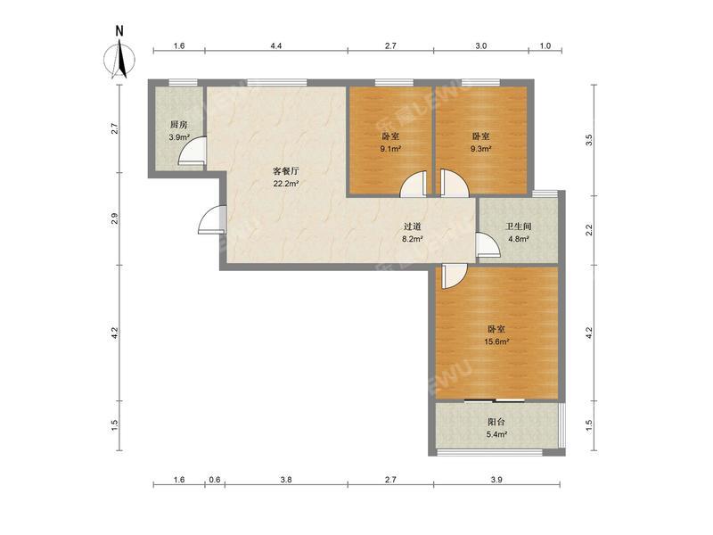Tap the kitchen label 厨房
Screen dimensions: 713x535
[179, 125]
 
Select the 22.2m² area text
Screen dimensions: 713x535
[285, 184]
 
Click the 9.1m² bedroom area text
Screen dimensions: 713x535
[391, 148]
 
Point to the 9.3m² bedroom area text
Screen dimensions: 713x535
[480, 148]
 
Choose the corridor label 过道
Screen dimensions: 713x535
[413, 226]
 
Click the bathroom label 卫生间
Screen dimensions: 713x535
[518, 226]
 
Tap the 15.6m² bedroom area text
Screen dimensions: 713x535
[496, 342]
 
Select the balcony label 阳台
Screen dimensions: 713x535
[496, 422]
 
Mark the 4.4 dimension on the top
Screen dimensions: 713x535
[276, 46]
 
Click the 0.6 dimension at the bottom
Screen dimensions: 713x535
[215, 480]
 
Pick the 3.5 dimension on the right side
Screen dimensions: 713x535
[589, 140]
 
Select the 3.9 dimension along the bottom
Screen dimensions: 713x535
[496, 480]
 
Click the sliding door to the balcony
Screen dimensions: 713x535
[495, 400]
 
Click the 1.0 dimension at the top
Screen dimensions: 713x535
[545, 46]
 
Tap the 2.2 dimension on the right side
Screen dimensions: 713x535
[589, 230]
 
